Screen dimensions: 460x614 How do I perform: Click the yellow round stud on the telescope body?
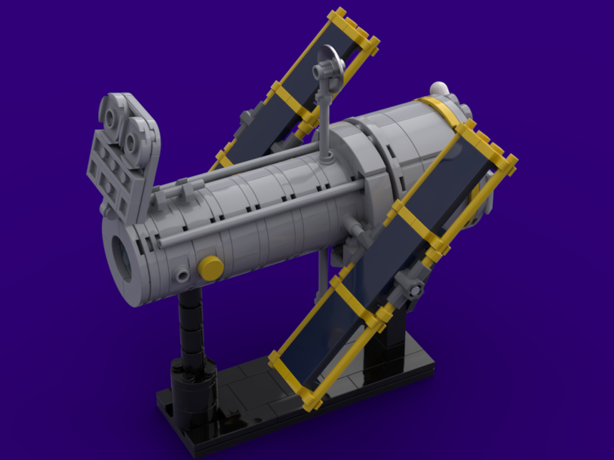[211, 268]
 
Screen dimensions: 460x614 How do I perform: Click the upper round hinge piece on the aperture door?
[113, 116]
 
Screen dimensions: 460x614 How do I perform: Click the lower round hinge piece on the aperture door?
[133, 142]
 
